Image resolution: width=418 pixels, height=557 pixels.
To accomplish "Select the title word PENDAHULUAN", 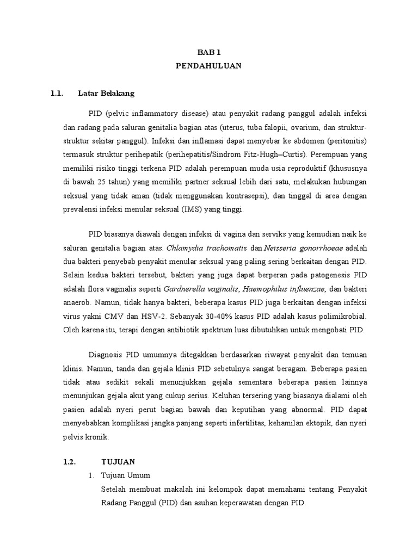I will [208, 66].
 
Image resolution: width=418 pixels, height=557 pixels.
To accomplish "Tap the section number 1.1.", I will [57, 93].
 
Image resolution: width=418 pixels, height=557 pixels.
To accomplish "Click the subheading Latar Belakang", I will [106, 93].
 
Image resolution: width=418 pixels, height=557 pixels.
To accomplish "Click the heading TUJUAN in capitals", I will [121, 461].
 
